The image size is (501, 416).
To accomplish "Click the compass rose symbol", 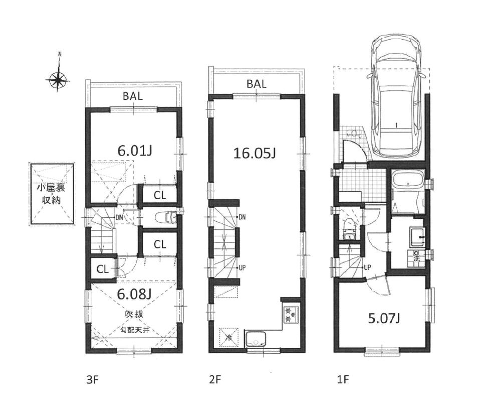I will pyautogui.click(x=58, y=79).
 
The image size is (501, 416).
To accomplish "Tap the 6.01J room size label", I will pyautogui.click(x=135, y=150).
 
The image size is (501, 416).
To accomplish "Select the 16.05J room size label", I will pyautogui.click(x=255, y=153).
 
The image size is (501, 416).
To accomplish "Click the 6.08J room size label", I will pyautogui.click(x=134, y=293).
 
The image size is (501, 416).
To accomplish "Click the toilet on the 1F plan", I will pyautogui.click(x=349, y=231).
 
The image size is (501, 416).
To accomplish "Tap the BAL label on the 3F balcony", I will pyautogui.click(x=133, y=97).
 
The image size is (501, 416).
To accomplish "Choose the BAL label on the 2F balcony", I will pyautogui.click(x=256, y=84).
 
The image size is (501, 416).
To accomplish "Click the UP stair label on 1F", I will pyautogui.click(x=367, y=267).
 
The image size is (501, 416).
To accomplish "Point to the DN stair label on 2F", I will pyautogui.click(x=242, y=217).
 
